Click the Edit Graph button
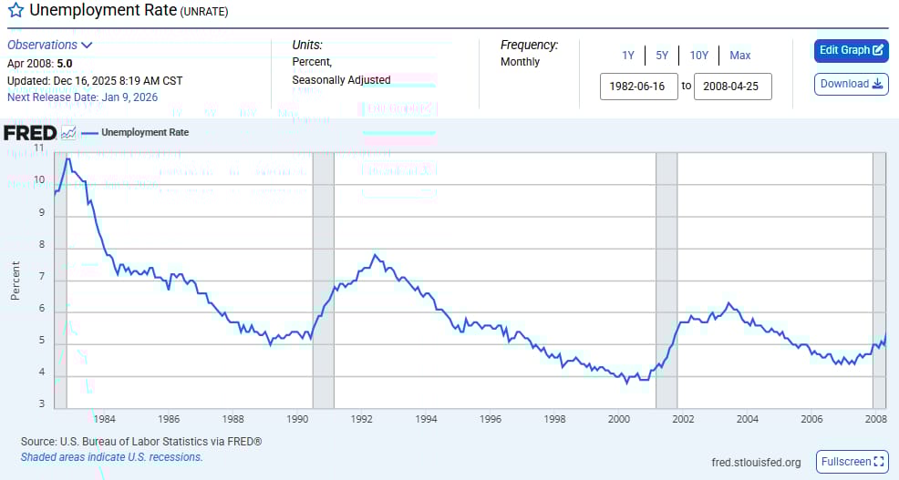851,50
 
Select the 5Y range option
661,56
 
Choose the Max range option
739,56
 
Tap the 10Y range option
698,56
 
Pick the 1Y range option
628,56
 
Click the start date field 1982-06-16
638,87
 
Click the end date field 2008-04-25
732,87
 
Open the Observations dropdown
50,45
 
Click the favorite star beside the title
15,12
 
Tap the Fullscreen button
852,462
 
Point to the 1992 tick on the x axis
361,419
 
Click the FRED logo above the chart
30,133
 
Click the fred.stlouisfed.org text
756,463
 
